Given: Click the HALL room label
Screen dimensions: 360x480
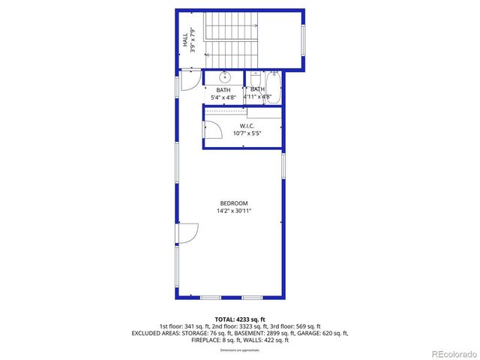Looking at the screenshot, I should (184, 39).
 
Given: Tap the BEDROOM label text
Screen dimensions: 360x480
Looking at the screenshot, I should (230, 203).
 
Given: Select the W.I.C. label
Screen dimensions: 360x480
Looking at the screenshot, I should (247, 125).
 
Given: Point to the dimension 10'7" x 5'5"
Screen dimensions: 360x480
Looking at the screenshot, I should (247, 133).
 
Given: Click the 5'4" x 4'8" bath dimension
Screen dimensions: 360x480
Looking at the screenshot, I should (224, 97).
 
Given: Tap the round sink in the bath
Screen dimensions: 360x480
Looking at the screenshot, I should (224, 76).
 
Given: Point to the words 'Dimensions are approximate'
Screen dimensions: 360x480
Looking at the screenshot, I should (239, 350).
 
